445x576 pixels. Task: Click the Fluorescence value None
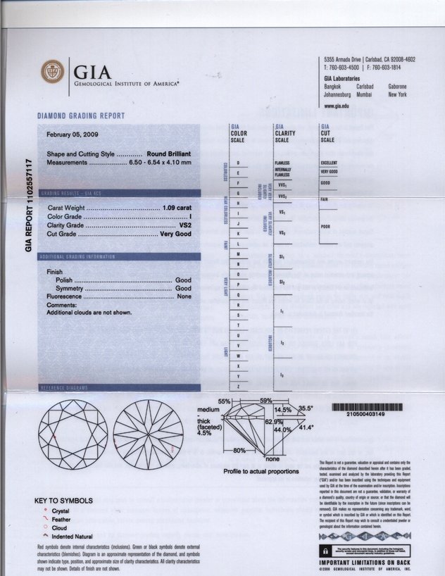point(184,296)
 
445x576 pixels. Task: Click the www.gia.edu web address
point(336,106)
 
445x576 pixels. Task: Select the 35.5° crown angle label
point(306,408)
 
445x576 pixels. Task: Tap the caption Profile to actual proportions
point(261,470)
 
